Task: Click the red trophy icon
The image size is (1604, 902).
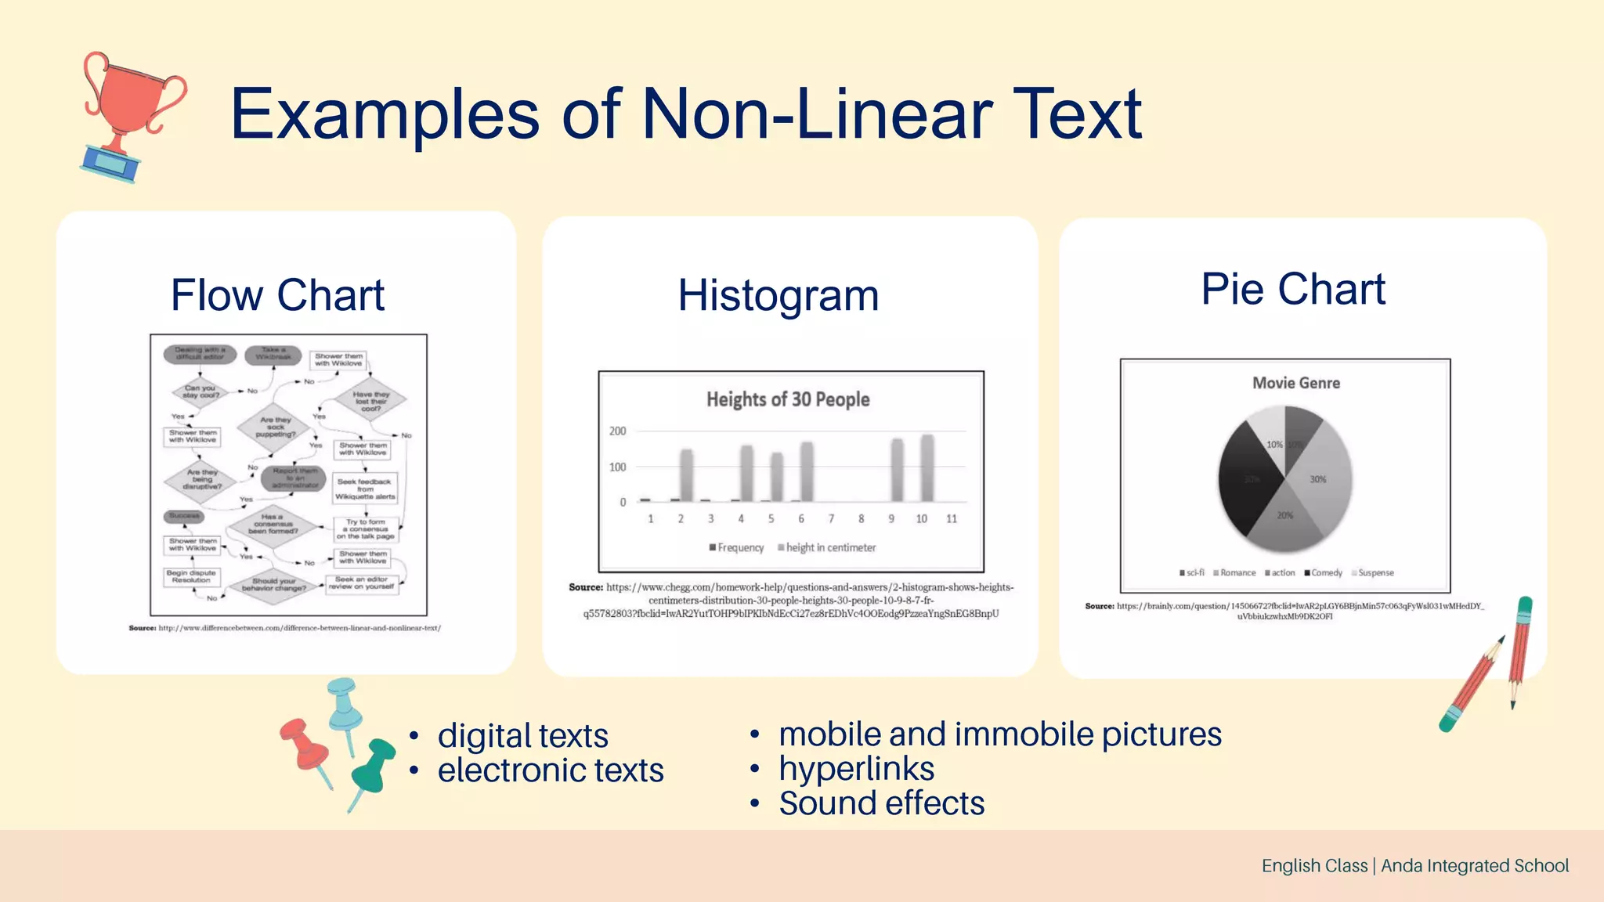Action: coord(128,114)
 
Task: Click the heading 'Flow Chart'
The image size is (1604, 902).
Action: coord(277,295)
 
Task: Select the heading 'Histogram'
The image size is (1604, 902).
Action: coord(779,296)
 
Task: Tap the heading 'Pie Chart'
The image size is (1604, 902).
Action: coord(1293,289)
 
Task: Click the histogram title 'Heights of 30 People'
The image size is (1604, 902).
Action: coord(788,399)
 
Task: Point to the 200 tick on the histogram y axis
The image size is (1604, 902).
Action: coord(617,431)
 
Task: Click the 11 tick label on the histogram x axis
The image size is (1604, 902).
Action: coord(952,518)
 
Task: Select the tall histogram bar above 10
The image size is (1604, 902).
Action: coord(927,468)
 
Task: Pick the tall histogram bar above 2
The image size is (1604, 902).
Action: coord(686,475)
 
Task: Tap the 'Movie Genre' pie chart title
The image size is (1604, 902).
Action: coord(1295,383)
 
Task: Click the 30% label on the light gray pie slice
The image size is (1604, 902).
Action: coord(1318,479)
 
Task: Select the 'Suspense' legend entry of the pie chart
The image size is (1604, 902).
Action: coord(1375,573)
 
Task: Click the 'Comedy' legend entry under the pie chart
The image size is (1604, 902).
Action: coord(1326,573)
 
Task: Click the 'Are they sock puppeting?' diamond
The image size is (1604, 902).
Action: coord(276,427)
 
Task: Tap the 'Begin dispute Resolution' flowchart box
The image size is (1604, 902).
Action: coord(192,577)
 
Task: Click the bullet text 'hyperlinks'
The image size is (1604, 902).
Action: coord(856,769)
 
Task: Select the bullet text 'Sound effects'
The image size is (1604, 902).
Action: coord(881,803)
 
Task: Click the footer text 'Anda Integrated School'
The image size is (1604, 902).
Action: coord(1474,865)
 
